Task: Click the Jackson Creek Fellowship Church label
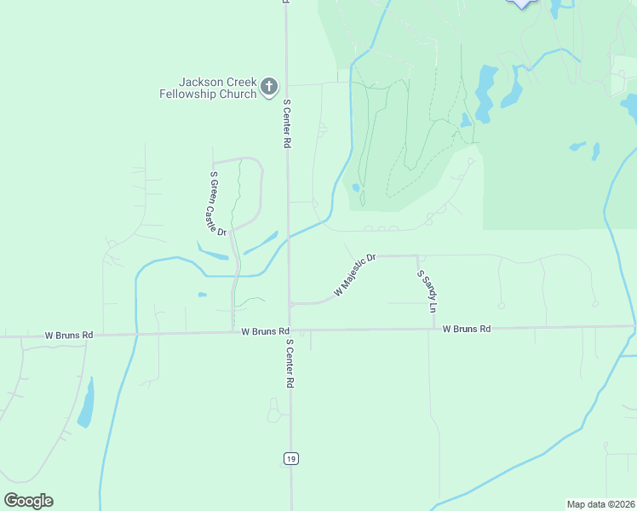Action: click(x=208, y=88)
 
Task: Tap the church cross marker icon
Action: click(x=269, y=86)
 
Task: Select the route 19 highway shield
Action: click(x=291, y=459)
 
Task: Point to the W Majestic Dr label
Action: click(x=355, y=274)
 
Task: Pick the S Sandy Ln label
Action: click(x=427, y=290)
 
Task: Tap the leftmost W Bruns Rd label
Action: click(x=68, y=336)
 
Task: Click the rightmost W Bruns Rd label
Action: click(x=467, y=329)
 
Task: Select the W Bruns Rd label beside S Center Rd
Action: click(x=265, y=330)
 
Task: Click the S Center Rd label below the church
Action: click(x=287, y=123)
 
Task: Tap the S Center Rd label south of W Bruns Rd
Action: click(x=290, y=364)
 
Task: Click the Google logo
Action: click(x=28, y=501)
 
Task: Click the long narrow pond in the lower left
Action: click(x=86, y=404)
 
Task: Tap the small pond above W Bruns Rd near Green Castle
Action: click(x=202, y=295)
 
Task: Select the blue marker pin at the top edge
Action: click(x=522, y=3)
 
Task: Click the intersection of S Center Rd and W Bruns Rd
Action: click(x=290, y=330)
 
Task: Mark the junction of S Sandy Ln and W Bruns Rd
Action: click(x=434, y=328)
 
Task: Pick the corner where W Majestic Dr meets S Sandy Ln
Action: click(x=417, y=255)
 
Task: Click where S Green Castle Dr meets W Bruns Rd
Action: click(x=233, y=331)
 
